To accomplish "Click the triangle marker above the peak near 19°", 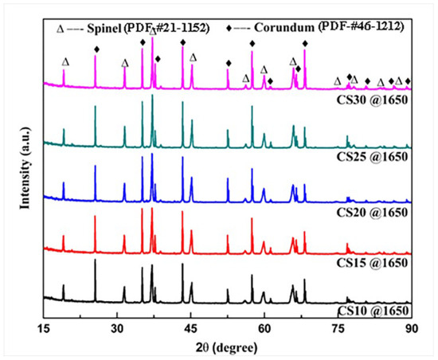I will tap(65, 61).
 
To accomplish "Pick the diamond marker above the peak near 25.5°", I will tap(96, 49).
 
